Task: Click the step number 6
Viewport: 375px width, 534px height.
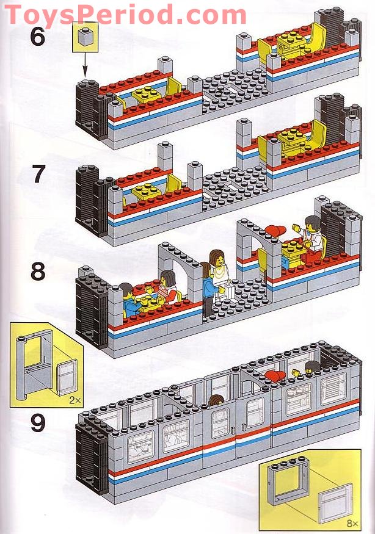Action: click(x=38, y=38)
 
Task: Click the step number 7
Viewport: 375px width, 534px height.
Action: click(x=38, y=175)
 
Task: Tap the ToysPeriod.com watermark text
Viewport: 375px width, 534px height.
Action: click(x=125, y=13)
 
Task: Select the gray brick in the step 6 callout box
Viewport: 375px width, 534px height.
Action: click(x=84, y=39)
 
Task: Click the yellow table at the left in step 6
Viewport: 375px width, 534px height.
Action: click(x=146, y=94)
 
